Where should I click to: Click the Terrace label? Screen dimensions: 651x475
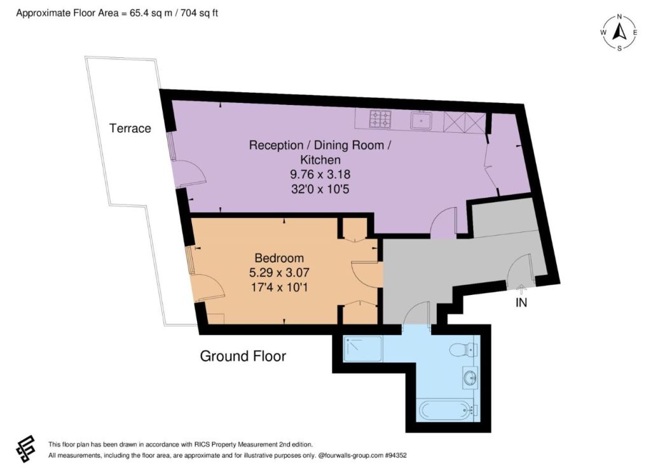pyautogui.click(x=130, y=128)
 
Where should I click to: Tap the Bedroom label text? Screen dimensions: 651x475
pyautogui.click(x=279, y=258)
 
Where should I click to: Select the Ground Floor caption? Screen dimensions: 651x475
pyautogui.click(x=243, y=356)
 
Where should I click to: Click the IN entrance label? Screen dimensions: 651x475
pyautogui.click(x=521, y=303)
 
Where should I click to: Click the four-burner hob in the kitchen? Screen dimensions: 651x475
pyautogui.click(x=380, y=118)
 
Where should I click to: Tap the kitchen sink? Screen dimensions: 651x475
pyautogui.click(x=421, y=120)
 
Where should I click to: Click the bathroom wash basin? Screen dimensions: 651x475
pyautogui.click(x=470, y=378)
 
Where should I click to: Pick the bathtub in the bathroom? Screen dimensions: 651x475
pyautogui.click(x=445, y=411)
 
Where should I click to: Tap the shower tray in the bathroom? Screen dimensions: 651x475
pyautogui.click(x=363, y=348)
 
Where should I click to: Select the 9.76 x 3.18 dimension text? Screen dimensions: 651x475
pyautogui.click(x=320, y=174)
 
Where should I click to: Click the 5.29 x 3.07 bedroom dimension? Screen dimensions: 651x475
pyautogui.click(x=279, y=273)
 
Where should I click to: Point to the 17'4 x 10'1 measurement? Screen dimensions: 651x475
pyautogui.click(x=279, y=287)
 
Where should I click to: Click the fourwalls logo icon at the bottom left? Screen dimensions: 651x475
pyautogui.click(x=25, y=449)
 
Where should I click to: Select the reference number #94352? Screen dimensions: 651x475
pyautogui.click(x=395, y=455)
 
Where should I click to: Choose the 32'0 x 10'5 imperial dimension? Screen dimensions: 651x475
pyautogui.click(x=320, y=189)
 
